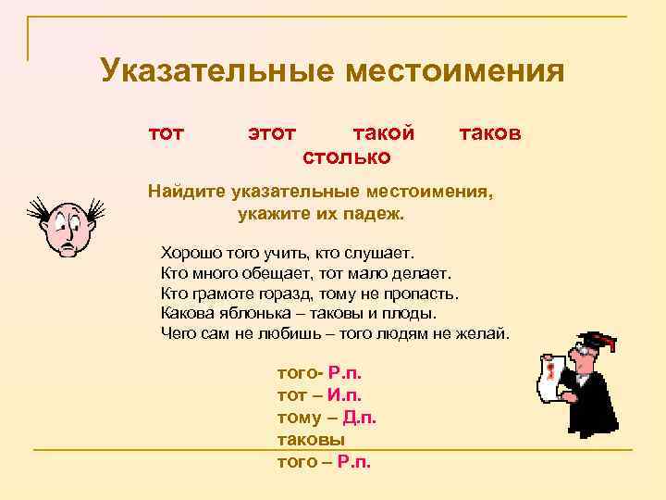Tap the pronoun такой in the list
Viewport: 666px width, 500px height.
point(384,133)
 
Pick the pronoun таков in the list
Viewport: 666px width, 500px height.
point(490,133)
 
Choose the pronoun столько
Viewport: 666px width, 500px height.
point(347,157)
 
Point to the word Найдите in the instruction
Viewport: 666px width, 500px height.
point(189,193)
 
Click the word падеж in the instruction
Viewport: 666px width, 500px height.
point(375,214)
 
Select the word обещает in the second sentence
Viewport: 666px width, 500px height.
point(277,273)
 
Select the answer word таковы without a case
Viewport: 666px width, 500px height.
point(311,440)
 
